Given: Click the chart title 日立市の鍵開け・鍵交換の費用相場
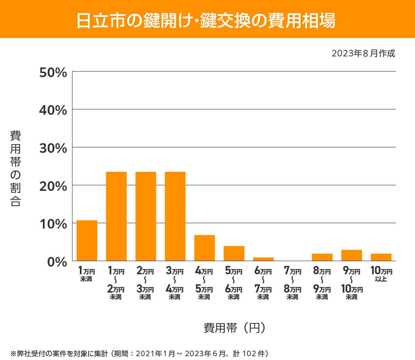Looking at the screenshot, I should click(x=206, y=20).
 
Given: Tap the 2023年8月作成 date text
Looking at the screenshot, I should click(x=363, y=54).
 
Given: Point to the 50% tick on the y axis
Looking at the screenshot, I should click(x=53, y=73).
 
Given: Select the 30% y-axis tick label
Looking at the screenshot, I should click(x=53, y=148).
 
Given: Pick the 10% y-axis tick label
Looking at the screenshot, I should click(x=53, y=224).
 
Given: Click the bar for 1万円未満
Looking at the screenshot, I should click(x=87, y=241).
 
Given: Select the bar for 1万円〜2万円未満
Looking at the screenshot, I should click(x=116, y=216).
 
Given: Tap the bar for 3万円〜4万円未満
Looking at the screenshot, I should click(x=175, y=216).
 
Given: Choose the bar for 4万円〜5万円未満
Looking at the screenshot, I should click(x=204, y=248).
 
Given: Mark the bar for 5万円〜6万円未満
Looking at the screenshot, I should click(x=234, y=253).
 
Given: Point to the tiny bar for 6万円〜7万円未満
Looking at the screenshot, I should click(x=263, y=259).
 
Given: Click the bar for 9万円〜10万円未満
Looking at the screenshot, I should click(x=351, y=255).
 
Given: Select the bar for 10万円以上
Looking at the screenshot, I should click(x=381, y=257).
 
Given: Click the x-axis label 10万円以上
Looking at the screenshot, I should click(x=381, y=274).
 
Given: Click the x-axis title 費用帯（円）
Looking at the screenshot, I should click(x=234, y=327).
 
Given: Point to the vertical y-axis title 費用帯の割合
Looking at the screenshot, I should click(x=16, y=168).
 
